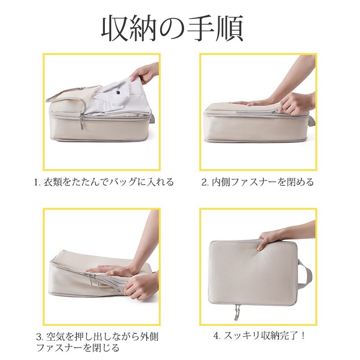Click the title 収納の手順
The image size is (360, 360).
pyautogui.click(x=172, y=28)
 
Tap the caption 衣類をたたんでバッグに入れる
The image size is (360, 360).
pyautogui.click(x=108, y=182)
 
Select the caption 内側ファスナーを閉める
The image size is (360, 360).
pyautogui.click(x=262, y=182)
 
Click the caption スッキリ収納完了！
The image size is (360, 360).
pyautogui.click(x=265, y=336)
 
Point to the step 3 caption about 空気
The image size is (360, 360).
pyautogui.click(x=97, y=342)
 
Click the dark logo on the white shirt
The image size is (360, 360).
pyautogui.click(x=118, y=93)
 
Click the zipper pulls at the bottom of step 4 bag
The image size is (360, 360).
pyautogui.click(x=237, y=312)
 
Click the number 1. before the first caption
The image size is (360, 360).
pyautogui.click(x=38, y=182)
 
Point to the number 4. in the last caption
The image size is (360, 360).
pyautogui.click(x=217, y=336)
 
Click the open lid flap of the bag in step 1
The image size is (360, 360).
pyautogui.click(x=73, y=94)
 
